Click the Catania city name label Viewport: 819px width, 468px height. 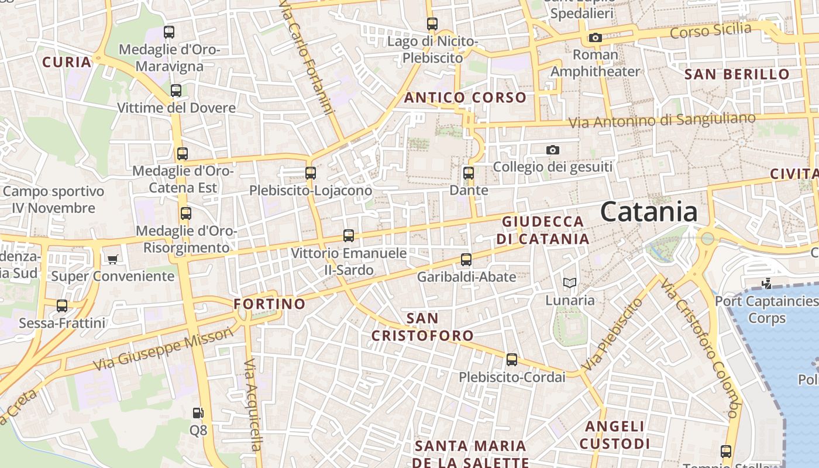tap(649, 212)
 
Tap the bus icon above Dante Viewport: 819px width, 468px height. tap(468, 173)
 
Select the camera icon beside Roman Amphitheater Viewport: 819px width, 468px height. tap(595, 38)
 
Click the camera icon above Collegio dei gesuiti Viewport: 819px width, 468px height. tap(552, 150)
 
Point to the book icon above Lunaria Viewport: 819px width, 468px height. tap(569, 283)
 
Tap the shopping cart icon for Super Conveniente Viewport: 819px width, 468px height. tap(112, 259)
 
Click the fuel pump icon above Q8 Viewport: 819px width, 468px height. tap(198, 413)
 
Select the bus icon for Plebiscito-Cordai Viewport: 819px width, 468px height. tap(512, 360)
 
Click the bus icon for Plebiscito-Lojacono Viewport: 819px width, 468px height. tap(311, 173)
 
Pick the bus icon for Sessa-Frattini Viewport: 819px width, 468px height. tap(62, 305)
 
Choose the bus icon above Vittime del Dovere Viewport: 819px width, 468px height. tap(176, 91)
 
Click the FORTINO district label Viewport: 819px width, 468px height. tap(270, 304)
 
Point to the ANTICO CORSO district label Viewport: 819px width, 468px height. tap(465, 98)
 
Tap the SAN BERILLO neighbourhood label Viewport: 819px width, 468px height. tap(737, 74)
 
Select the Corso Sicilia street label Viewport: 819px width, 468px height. tap(711, 30)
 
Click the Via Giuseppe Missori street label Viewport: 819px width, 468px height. tap(164, 350)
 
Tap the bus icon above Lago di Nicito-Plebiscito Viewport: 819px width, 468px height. tap(432, 24)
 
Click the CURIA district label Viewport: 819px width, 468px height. tap(67, 62)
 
